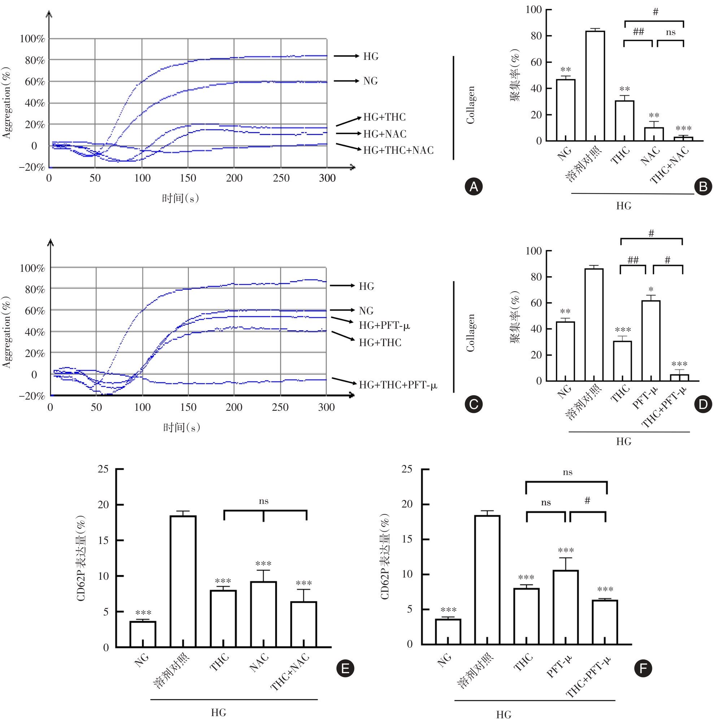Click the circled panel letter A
tap(473, 186)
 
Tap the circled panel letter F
tap(643, 668)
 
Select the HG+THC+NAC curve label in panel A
tap(398, 150)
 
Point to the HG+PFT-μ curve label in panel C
tap(384, 325)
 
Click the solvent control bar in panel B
tap(595, 86)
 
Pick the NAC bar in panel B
tap(653, 134)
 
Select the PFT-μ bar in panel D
tap(651, 340)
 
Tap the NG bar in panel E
tap(143, 634)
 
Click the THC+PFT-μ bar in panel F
tap(604, 622)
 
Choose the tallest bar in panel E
tap(183, 581)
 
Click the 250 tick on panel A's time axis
tap(281, 178)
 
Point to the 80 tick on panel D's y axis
tap(536, 277)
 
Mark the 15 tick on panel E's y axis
tap(103, 540)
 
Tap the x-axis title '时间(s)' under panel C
tap(182, 427)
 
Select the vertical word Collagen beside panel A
tap(470, 105)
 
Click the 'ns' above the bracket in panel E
tap(264, 501)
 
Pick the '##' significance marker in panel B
tap(638, 31)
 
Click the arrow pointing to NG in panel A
tap(346, 81)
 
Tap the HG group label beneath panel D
tap(623, 441)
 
